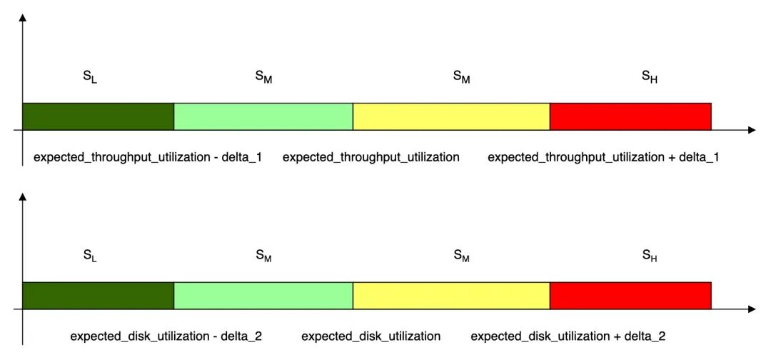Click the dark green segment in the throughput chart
pos(99,116)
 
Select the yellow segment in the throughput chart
pos(451,116)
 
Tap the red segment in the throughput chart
pos(631,116)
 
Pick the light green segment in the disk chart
pos(263,296)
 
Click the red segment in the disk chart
pos(631,296)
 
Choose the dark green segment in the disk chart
pos(99,296)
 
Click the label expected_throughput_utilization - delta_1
pos(148,158)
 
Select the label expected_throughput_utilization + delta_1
pos(603,158)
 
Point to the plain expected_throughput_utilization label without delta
pos(371,158)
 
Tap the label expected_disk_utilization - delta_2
pos(166,337)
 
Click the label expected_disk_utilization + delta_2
pos(568,337)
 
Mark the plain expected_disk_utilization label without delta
pos(371,337)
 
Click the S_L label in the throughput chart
pos(90,78)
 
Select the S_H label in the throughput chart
pos(650,78)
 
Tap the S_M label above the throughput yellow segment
pos(461,78)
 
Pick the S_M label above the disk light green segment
pos(263,256)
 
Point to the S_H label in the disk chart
pos(650,256)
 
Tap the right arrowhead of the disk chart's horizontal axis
pos(751,309)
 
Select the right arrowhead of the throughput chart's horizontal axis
pos(751,130)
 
